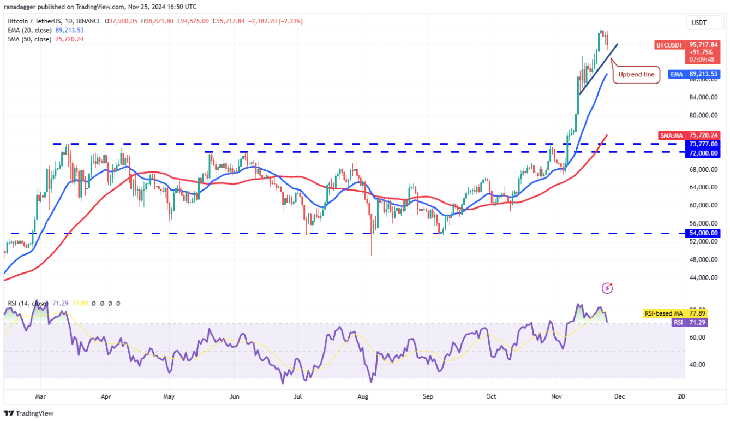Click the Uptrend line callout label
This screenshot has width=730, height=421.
point(636,74)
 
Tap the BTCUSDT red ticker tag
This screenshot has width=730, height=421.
point(669,45)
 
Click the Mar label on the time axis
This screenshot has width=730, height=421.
point(39,397)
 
